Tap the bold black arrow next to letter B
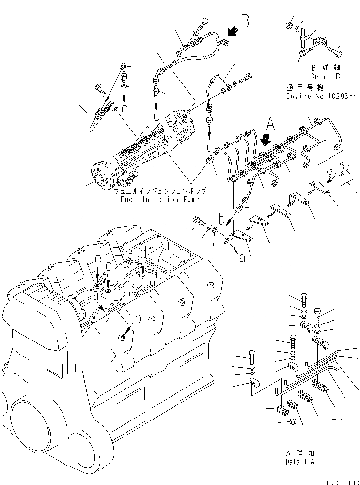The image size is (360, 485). (x=232, y=32)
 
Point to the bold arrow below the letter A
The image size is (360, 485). (x=265, y=141)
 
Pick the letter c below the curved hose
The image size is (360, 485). (x=156, y=116)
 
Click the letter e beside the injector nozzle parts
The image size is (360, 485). (x=125, y=110)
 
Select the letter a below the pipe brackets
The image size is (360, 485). (x=242, y=259)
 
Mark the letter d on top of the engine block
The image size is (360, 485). (x=143, y=254)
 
